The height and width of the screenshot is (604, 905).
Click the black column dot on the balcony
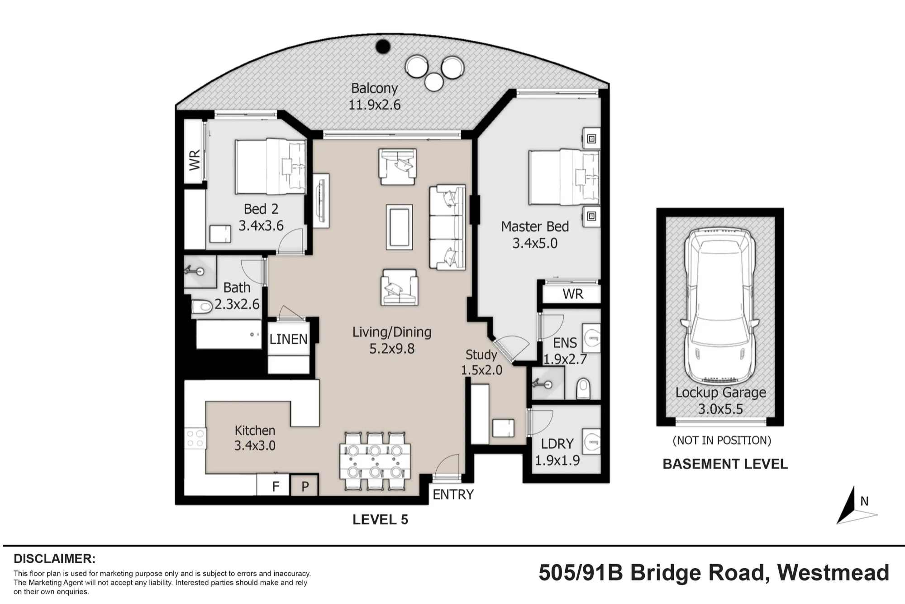click(383, 46)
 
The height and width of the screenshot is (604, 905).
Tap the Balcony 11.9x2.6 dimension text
click(374, 105)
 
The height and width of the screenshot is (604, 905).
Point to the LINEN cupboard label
click(288, 339)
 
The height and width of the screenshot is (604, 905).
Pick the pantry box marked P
click(305, 485)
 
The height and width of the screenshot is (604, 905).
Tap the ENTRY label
click(453, 494)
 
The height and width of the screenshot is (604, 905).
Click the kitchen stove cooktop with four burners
click(195, 437)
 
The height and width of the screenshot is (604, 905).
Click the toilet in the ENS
click(584, 388)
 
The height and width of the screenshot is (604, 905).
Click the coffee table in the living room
click(399, 227)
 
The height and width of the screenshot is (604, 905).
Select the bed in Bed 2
click(271, 167)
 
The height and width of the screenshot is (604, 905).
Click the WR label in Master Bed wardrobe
click(573, 294)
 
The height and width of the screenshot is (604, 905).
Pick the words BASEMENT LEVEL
click(725, 464)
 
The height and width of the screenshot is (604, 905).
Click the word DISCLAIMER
click(55, 558)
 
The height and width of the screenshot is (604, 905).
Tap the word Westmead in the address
click(833, 573)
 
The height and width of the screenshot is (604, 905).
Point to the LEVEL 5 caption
click(380, 520)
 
